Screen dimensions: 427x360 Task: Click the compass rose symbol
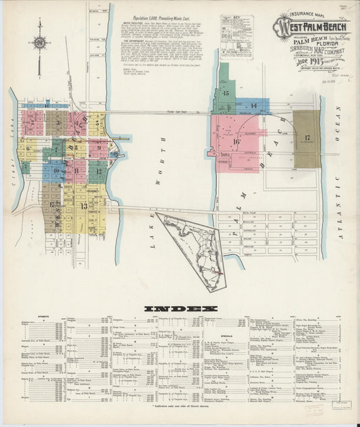click(41, 45)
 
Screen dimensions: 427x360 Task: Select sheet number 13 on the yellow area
click(84, 206)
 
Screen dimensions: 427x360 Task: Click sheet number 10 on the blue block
click(57, 171)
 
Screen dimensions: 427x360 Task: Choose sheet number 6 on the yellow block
click(28, 148)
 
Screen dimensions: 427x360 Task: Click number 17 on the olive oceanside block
click(307, 139)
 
